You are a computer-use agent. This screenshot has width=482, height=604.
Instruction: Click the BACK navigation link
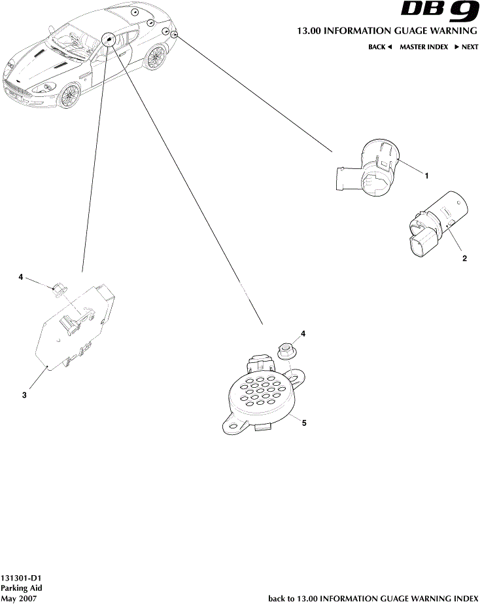point(379,47)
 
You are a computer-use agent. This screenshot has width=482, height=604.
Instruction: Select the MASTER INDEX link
point(424,47)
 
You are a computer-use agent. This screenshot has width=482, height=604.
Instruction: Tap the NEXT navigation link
point(466,47)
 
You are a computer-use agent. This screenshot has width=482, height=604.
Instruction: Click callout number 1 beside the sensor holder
point(426,176)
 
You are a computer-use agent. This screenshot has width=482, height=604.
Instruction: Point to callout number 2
point(464,258)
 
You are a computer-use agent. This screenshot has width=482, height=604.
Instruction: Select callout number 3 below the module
point(24,395)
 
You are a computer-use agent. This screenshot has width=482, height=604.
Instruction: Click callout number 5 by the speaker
point(304,423)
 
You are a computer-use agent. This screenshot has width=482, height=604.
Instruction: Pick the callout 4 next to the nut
point(303,334)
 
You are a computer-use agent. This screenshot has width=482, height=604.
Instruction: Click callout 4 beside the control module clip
point(21,277)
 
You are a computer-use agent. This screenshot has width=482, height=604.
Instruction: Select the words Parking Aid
point(22,589)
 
